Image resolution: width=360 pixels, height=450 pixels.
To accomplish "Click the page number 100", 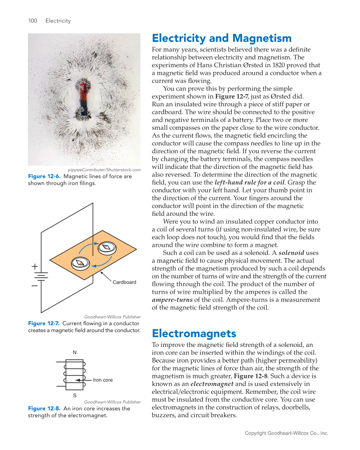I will coord(32,21).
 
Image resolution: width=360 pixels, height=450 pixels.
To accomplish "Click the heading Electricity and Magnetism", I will coord(221,38).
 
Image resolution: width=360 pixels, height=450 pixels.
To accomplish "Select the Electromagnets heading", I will coord(194,333).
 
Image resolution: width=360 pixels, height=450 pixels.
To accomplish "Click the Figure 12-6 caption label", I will coord(44,177).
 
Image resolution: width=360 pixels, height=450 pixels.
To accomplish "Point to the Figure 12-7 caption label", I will coord(44,323).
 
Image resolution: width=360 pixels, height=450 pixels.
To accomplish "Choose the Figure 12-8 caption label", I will coord(44,409).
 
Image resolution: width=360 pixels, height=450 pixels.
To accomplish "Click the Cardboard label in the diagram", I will coord(124,282).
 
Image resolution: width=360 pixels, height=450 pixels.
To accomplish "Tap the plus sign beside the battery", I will coord(35,267).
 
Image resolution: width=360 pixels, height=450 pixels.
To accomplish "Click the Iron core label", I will coord(103,380).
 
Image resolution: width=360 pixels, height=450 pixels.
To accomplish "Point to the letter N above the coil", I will coord(75,352).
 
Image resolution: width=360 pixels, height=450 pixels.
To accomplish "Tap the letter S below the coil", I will coord(75,395).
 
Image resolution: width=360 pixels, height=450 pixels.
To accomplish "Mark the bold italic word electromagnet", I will coord(211,384).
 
